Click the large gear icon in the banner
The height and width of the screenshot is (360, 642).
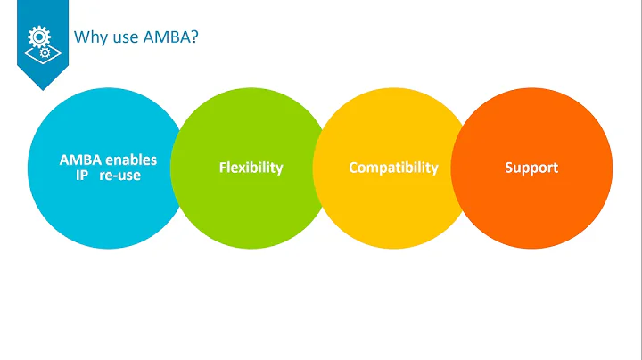click(x=38, y=36)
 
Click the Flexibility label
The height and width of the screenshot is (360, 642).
click(x=251, y=168)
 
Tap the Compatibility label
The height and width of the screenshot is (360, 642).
click(x=393, y=168)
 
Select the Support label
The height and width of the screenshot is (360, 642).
click(x=532, y=168)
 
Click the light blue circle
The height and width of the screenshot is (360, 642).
click(x=98, y=214)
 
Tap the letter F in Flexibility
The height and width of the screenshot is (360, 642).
click(x=222, y=168)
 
